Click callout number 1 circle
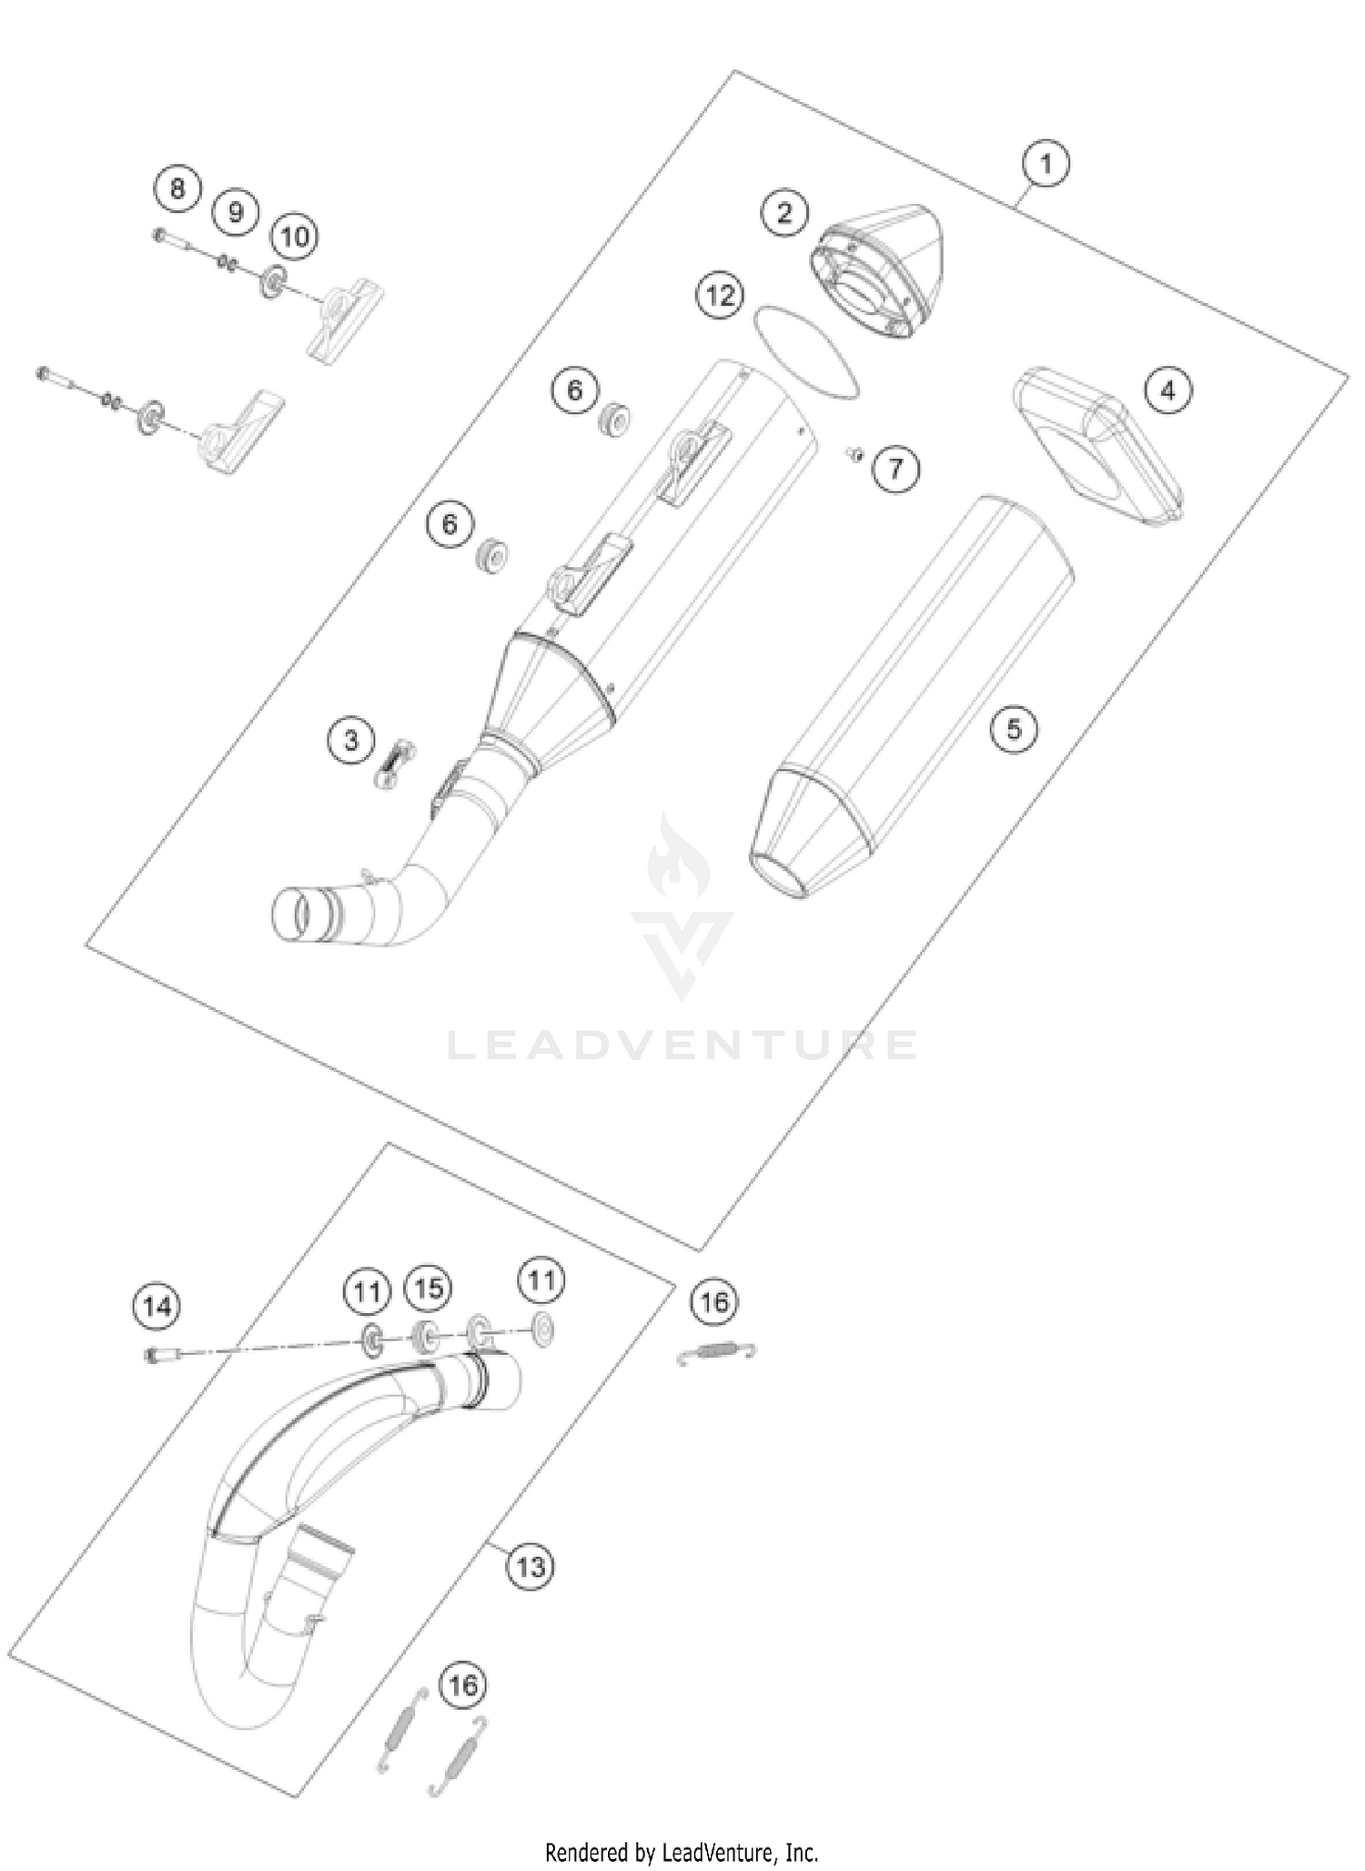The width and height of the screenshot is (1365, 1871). point(1045,165)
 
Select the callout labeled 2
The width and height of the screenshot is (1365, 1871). point(784,213)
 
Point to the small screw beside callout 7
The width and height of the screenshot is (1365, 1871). point(854,452)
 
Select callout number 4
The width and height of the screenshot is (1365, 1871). point(1168,391)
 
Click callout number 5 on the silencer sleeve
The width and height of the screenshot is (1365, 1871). point(1014,728)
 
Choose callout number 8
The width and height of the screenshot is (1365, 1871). point(177,189)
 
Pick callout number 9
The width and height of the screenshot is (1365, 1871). point(236,212)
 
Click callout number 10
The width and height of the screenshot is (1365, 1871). point(294,238)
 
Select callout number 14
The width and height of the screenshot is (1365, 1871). point(157,1307)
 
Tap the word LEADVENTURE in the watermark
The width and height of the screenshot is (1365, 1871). point(682,1046)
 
